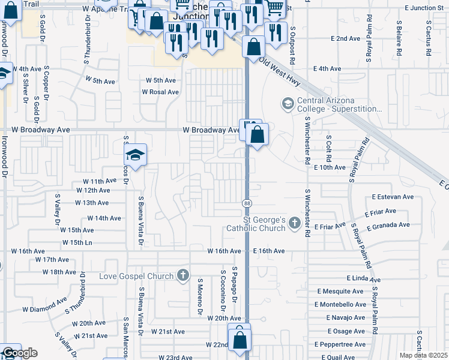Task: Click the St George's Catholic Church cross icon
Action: pos(294,223)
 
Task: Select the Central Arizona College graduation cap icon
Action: pos(288,104)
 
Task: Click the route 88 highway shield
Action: pos(247,204)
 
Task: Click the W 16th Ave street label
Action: pos(224,251)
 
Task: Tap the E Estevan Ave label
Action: pos(393,196)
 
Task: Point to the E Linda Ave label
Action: pos(364,279)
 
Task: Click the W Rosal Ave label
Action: pos(160,92)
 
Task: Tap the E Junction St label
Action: pos(424,8)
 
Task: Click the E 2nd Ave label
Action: pos(345,38)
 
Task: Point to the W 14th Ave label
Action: pos(104,218)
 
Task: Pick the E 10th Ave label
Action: pos(330,167)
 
